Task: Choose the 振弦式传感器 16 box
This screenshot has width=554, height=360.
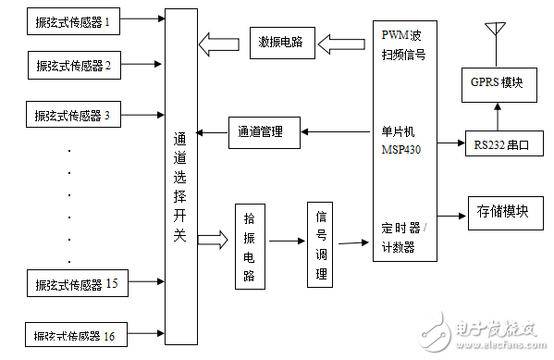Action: coord(74,334)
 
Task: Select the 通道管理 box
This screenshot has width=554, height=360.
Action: coord(265,132)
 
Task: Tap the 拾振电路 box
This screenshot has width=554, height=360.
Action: coord(249,244)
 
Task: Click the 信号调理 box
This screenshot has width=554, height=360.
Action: coord(320,244)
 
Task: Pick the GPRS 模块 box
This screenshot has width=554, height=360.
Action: coord(498,83)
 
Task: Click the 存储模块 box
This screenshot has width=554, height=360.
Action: coord(503,211)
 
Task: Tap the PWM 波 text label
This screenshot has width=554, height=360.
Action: coord(402,35)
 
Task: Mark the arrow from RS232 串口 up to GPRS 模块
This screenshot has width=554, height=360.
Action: coord(498,115)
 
